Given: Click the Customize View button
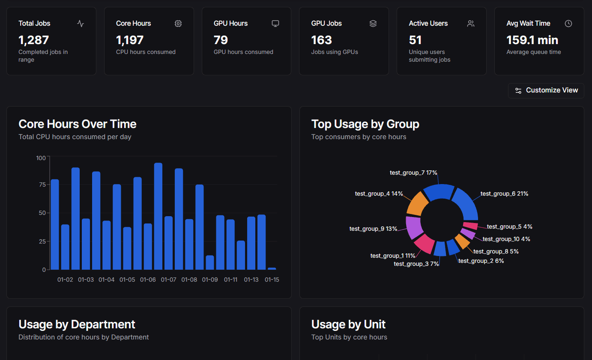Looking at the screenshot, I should (546, 90).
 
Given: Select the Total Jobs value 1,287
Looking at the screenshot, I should (34, 40).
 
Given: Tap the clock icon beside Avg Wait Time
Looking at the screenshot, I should (568, 24).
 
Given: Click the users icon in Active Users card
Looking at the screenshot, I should (471, 24).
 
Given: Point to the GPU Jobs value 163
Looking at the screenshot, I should (321, 40).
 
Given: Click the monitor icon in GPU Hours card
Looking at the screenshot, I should (275, 24).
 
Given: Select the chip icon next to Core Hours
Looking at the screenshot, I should (178, 24).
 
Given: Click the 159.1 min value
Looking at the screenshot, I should (532, 40).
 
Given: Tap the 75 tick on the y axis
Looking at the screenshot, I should (42, 184).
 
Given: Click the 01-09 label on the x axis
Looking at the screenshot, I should (210, 280).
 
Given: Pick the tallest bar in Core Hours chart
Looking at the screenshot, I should (158, 216).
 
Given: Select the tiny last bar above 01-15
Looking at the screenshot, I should (272, 268).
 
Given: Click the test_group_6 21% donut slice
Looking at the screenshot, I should (466, 204).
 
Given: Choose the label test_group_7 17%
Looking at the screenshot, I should (413, 173).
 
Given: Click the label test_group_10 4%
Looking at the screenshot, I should (506, 239).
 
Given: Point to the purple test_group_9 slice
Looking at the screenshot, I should (414, 227).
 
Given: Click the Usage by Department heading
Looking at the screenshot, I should (77, 324).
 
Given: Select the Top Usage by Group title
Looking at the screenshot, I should (365, 124).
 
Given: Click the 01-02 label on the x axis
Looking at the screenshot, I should (65, 280).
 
